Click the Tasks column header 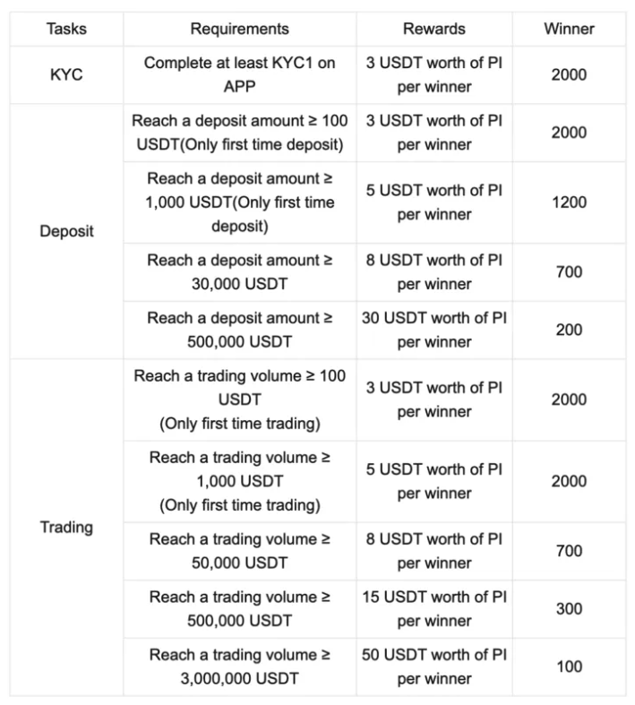(67, 29)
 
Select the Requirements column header (239, 29)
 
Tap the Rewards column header (434, 29)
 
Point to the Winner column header (569, 29)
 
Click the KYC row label (67, 74)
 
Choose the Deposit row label (67, 231)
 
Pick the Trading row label (67, 527)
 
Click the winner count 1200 (569, 202)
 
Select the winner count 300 (569, 609)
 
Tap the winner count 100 (569, 666)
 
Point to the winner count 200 (569, 330)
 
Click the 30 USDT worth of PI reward (434, 330)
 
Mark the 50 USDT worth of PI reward (434, 666)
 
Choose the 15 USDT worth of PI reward (434, 609)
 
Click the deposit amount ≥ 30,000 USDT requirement (239, 272)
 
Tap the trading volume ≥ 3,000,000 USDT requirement (239, 666)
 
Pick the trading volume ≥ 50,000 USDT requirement (239, 551)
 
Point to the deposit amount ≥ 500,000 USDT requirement (239, 330)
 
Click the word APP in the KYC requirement (239, 86)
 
